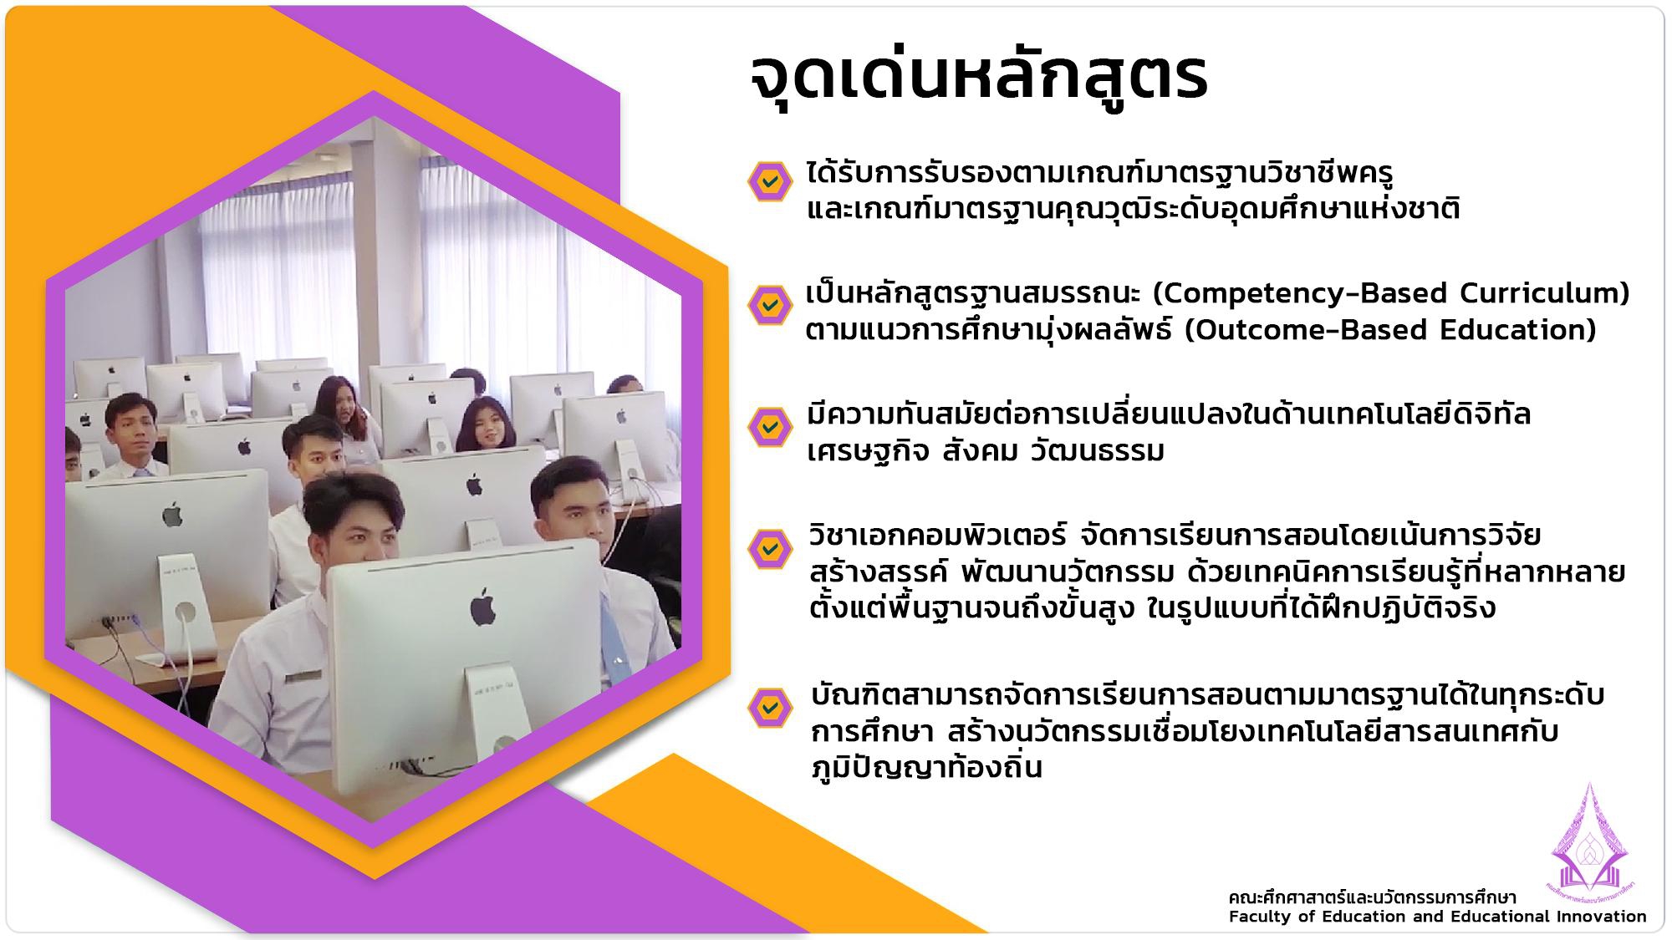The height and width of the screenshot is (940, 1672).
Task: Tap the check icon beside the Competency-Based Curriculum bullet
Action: pos(769,304)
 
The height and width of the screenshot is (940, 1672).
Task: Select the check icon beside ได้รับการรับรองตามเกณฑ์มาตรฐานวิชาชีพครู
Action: pos(769,181)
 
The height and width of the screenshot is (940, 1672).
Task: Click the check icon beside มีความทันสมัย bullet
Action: pos(769,427)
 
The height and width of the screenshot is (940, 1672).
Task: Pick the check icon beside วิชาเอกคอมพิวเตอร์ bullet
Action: pos(769,548)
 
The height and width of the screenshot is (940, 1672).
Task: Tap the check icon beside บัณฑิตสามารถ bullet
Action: pos(769,709)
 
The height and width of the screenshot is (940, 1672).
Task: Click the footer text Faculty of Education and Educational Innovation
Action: pos(1437,917)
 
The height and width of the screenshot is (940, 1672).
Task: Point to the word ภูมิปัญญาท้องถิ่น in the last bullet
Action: pos(926,767)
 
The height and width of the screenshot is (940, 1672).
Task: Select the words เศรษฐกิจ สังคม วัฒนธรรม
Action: pos(986,452)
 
